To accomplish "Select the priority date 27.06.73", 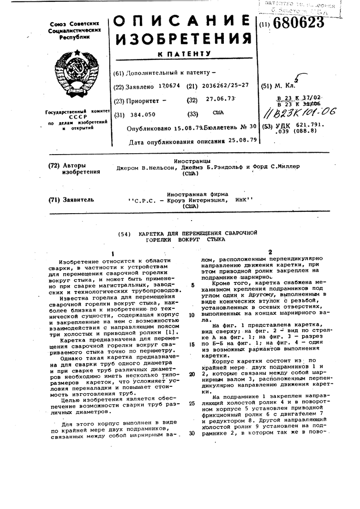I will [221, 100].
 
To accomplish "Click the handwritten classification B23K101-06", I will [305, 113].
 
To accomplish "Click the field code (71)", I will [54, 200].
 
